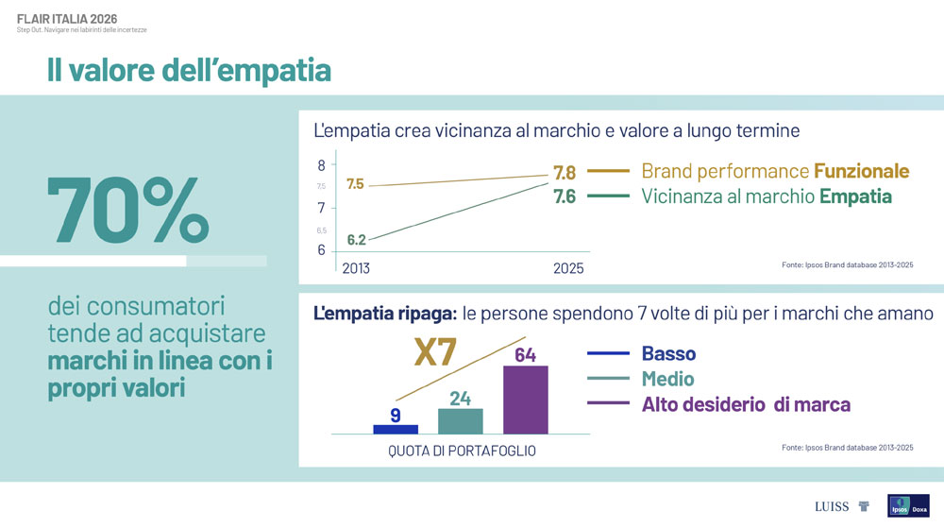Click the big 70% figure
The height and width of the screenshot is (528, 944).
click(127, 210)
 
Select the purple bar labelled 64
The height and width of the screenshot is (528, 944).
click(525, 399)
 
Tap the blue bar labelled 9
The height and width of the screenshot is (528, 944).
click(395, 428)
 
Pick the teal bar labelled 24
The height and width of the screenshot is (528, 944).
click(460, 420)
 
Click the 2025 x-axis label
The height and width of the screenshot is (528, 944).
click(567, 269)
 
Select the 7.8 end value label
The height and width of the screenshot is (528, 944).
click(564, 173)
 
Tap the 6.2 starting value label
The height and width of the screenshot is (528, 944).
click(356, 240)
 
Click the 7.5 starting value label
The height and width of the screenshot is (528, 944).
click(355, 184)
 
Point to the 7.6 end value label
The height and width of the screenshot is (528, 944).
click(564, 196)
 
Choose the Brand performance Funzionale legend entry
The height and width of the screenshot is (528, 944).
click(774, 171)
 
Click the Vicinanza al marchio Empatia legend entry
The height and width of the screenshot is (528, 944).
click(766, 196)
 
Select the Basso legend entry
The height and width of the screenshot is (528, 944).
click(668, 354)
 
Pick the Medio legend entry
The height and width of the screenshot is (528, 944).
click(667, 379)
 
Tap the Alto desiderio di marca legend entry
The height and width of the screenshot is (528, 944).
click(746, 404)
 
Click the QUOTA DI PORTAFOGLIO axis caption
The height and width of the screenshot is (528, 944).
click(462, 451)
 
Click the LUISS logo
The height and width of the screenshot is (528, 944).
click(832, 506)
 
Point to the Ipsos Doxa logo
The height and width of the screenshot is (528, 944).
click(907, 506)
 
